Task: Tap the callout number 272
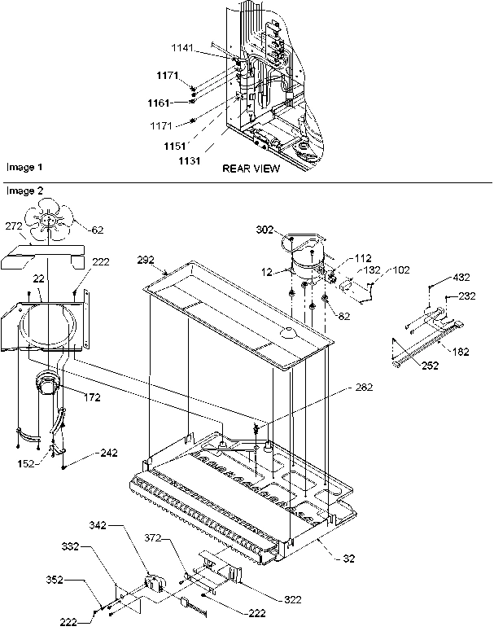[14, 226]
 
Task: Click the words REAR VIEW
[251, 169]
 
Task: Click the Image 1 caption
[24, 167]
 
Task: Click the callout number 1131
[190, 161]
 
